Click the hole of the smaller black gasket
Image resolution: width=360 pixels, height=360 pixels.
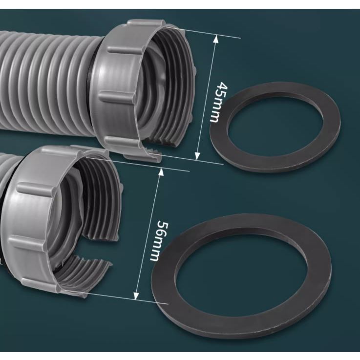[x=275, y=126]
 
